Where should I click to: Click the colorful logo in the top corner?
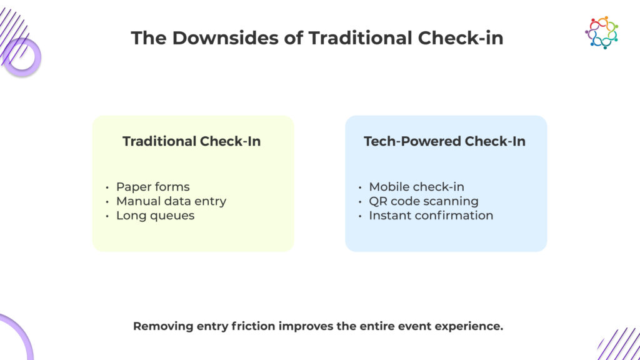pos(601,32)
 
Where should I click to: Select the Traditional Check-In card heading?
pos(191,141)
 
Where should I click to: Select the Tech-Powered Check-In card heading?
pos(444,141)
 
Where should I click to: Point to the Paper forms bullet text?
pos(152,187)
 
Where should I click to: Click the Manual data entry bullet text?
pos(171,201)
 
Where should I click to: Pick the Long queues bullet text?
pos(155,216)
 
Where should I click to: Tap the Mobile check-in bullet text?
pos(416,187)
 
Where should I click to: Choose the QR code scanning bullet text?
pos(423,201)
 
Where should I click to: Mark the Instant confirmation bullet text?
pos(431,216)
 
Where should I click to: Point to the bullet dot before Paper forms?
pos(107,187)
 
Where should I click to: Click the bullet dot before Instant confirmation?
pos(360,216)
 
